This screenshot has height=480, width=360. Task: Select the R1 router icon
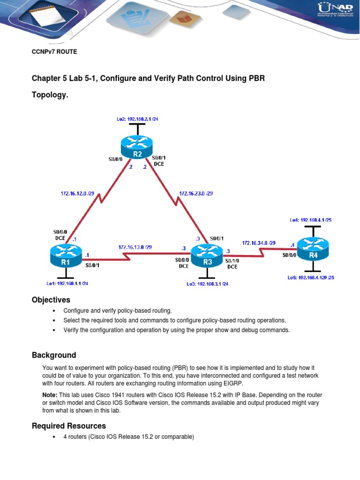click(x=66, y=257)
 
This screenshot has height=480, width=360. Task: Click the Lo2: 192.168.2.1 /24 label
click(x=137, y=119)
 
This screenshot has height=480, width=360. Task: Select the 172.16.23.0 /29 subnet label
click(x=196, y=193)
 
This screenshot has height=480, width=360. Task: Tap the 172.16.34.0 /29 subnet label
click(x=259, y=243)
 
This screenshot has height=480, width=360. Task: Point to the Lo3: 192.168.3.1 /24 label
click(x=207, y=284)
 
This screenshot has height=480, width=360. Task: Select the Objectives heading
click(x=51, y=300)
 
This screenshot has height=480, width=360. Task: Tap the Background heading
click(x=54, y=355)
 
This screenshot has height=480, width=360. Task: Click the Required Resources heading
click(x=69, y=426)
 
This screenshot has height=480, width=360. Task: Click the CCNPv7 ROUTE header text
click(x=54, y=52)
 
